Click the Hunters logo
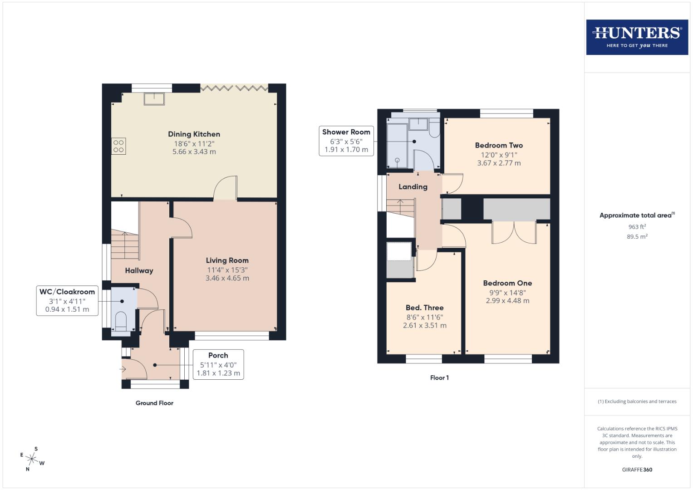pos(637,37)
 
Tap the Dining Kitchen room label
pos(194,134)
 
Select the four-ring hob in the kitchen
pos(118,146)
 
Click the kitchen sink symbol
pos(154,98)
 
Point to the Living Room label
pos(227,260)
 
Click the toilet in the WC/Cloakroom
pos(121,321)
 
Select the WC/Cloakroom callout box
pos(67,300)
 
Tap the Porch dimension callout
pos(218,364)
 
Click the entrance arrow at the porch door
pos(123,369)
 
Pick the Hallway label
pos(139,270)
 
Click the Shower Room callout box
pos(346,141)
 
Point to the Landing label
pos(413,186)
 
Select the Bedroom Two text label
pos(499,145)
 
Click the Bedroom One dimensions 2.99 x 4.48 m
pos(507,300)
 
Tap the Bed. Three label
pos(424,308)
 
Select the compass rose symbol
pos(32,459)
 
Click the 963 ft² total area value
pos(637,227)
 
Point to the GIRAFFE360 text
pos(637,470)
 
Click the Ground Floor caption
pos(154,403)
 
